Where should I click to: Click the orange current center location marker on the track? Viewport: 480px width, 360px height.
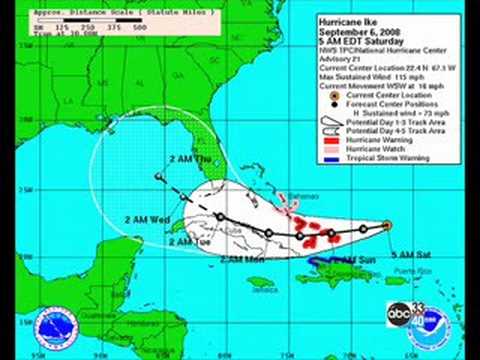(x=386, y=225)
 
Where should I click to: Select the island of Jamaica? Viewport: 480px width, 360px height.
(x=263, y=282)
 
